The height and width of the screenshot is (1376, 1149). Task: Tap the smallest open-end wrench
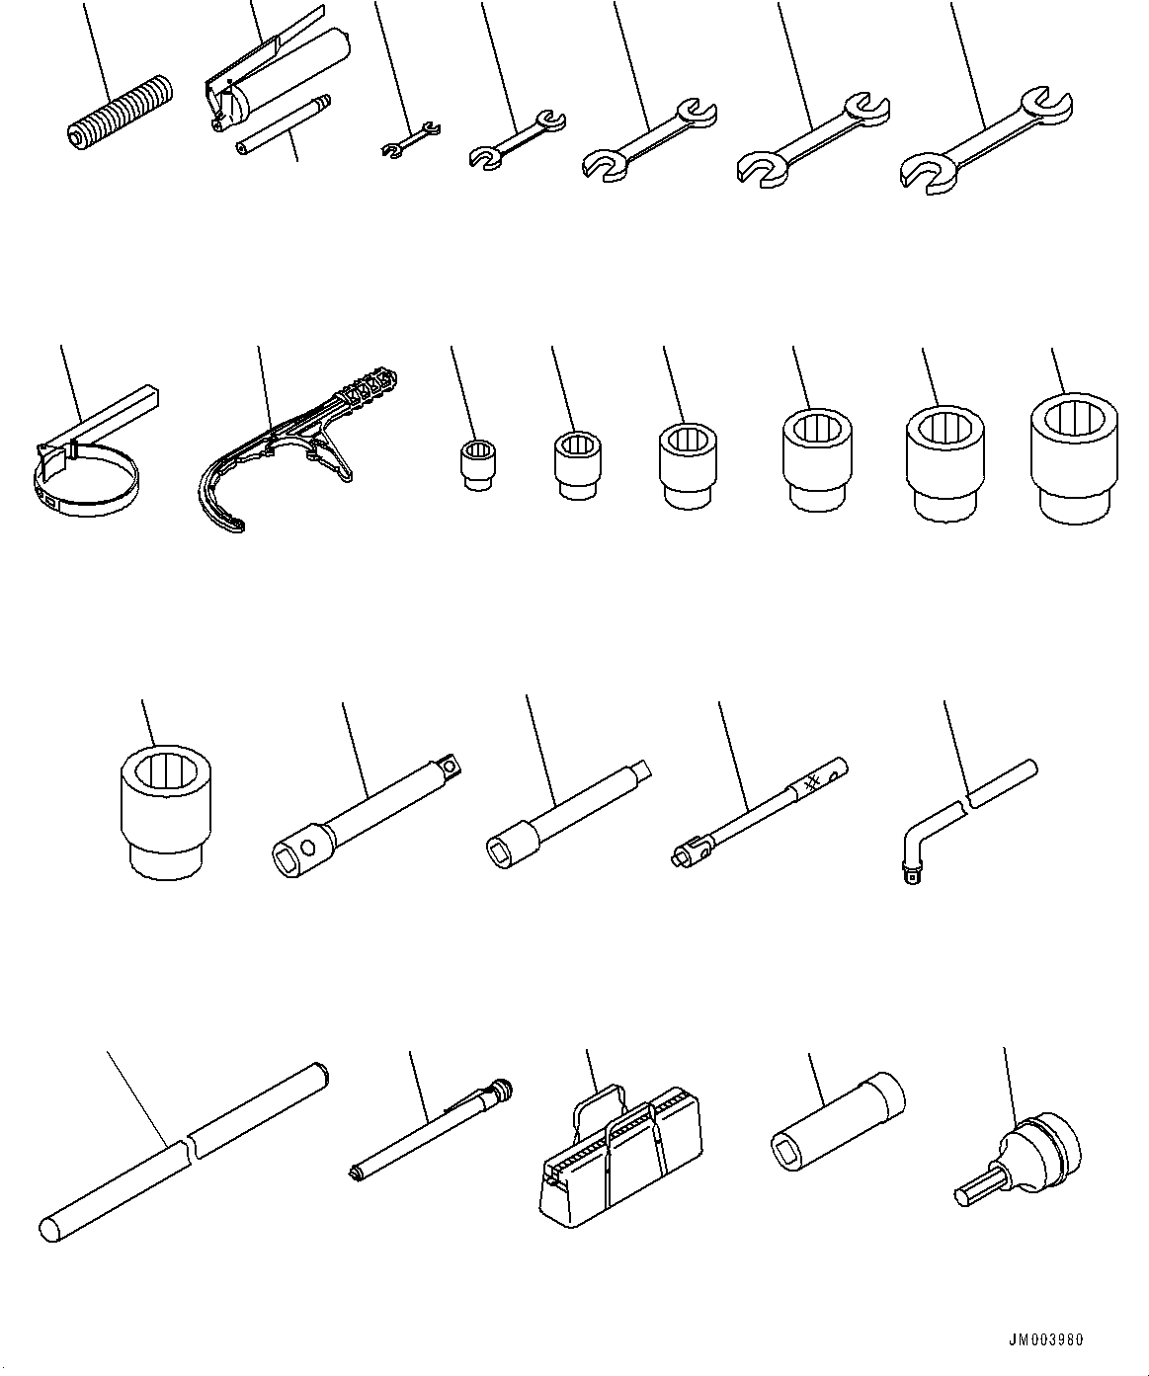pyautogui.click(x=411, y=139)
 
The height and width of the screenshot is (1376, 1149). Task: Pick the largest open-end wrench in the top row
pyautogui.click(x=985, y=140)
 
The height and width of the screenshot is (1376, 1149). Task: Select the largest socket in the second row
pyautogui.click(x=1073, y=458)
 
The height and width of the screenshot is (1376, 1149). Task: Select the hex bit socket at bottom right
pyautogui.click(x=1019, y=1160)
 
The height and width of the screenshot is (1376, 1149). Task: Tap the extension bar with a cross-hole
pyautogui.click(x=367, y=816)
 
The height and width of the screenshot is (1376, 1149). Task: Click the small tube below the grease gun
pyautogui.click(x=285, y=125)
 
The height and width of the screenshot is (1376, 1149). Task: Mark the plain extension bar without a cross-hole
pyautogui.click(x=568, y=817)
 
